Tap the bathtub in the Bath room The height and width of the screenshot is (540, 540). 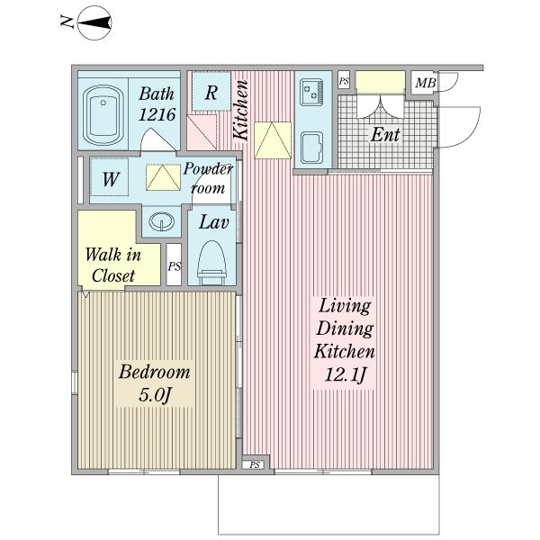coord(103,115)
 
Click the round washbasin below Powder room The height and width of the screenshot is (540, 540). coord(161,221)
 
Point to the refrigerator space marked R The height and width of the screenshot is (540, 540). coord(211,92)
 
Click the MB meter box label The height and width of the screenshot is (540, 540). coord(426,83)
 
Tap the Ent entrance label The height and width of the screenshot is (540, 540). coord(384,135)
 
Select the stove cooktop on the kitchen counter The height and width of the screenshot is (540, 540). coord(311,92)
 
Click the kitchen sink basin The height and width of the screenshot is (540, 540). coord(311,148)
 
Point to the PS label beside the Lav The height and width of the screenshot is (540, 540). coord(175,266)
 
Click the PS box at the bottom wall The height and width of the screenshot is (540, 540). coord(255,465)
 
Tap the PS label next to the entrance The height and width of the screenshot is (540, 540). coord(344,81)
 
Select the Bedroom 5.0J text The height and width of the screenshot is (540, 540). coord(154,383)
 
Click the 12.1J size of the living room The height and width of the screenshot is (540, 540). coord(345,374)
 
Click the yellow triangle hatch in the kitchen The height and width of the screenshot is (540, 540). coord(273,140)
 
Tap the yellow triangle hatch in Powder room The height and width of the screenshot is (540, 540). coord(163,177)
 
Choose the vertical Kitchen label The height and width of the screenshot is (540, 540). coord(240,110)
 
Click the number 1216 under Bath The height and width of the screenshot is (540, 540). coord(157,114)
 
